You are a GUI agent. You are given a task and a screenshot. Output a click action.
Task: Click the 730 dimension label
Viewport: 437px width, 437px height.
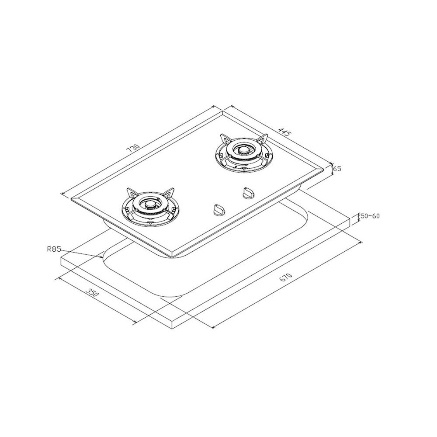point(133,149)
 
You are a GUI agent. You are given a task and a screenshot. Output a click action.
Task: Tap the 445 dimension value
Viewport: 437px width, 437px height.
point(284,133)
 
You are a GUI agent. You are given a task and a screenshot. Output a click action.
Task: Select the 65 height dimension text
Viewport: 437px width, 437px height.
point(337,169)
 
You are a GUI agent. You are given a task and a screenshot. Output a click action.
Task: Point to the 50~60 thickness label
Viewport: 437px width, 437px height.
point(370,216)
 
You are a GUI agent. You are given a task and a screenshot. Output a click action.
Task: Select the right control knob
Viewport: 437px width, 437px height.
point(247,193)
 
